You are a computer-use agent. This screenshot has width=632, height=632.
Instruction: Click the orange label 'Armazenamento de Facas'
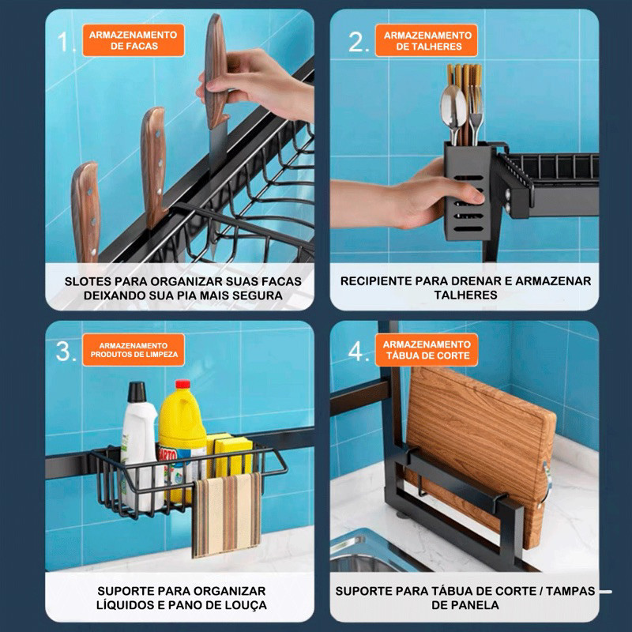tap(134, 40)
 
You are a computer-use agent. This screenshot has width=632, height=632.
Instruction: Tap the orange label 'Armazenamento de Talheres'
tap(427, 41)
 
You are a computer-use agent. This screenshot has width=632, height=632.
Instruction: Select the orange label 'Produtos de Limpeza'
tap(134, 350)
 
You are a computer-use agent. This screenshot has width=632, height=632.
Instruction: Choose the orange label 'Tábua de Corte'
tap(427, 350)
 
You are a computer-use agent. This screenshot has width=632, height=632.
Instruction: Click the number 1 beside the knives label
tap(66, 42)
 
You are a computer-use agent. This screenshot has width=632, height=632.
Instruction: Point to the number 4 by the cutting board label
tap(359, 352)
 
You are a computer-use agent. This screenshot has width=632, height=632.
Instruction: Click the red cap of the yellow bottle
tap(182, 384)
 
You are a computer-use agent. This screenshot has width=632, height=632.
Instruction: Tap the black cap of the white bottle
tap(137, 392)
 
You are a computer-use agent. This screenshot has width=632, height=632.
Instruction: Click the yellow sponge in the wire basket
tap(231, 456)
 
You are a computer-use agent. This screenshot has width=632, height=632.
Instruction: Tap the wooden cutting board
tap(479, 451)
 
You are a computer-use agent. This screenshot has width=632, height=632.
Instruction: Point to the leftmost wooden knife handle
tap(86, 213)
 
